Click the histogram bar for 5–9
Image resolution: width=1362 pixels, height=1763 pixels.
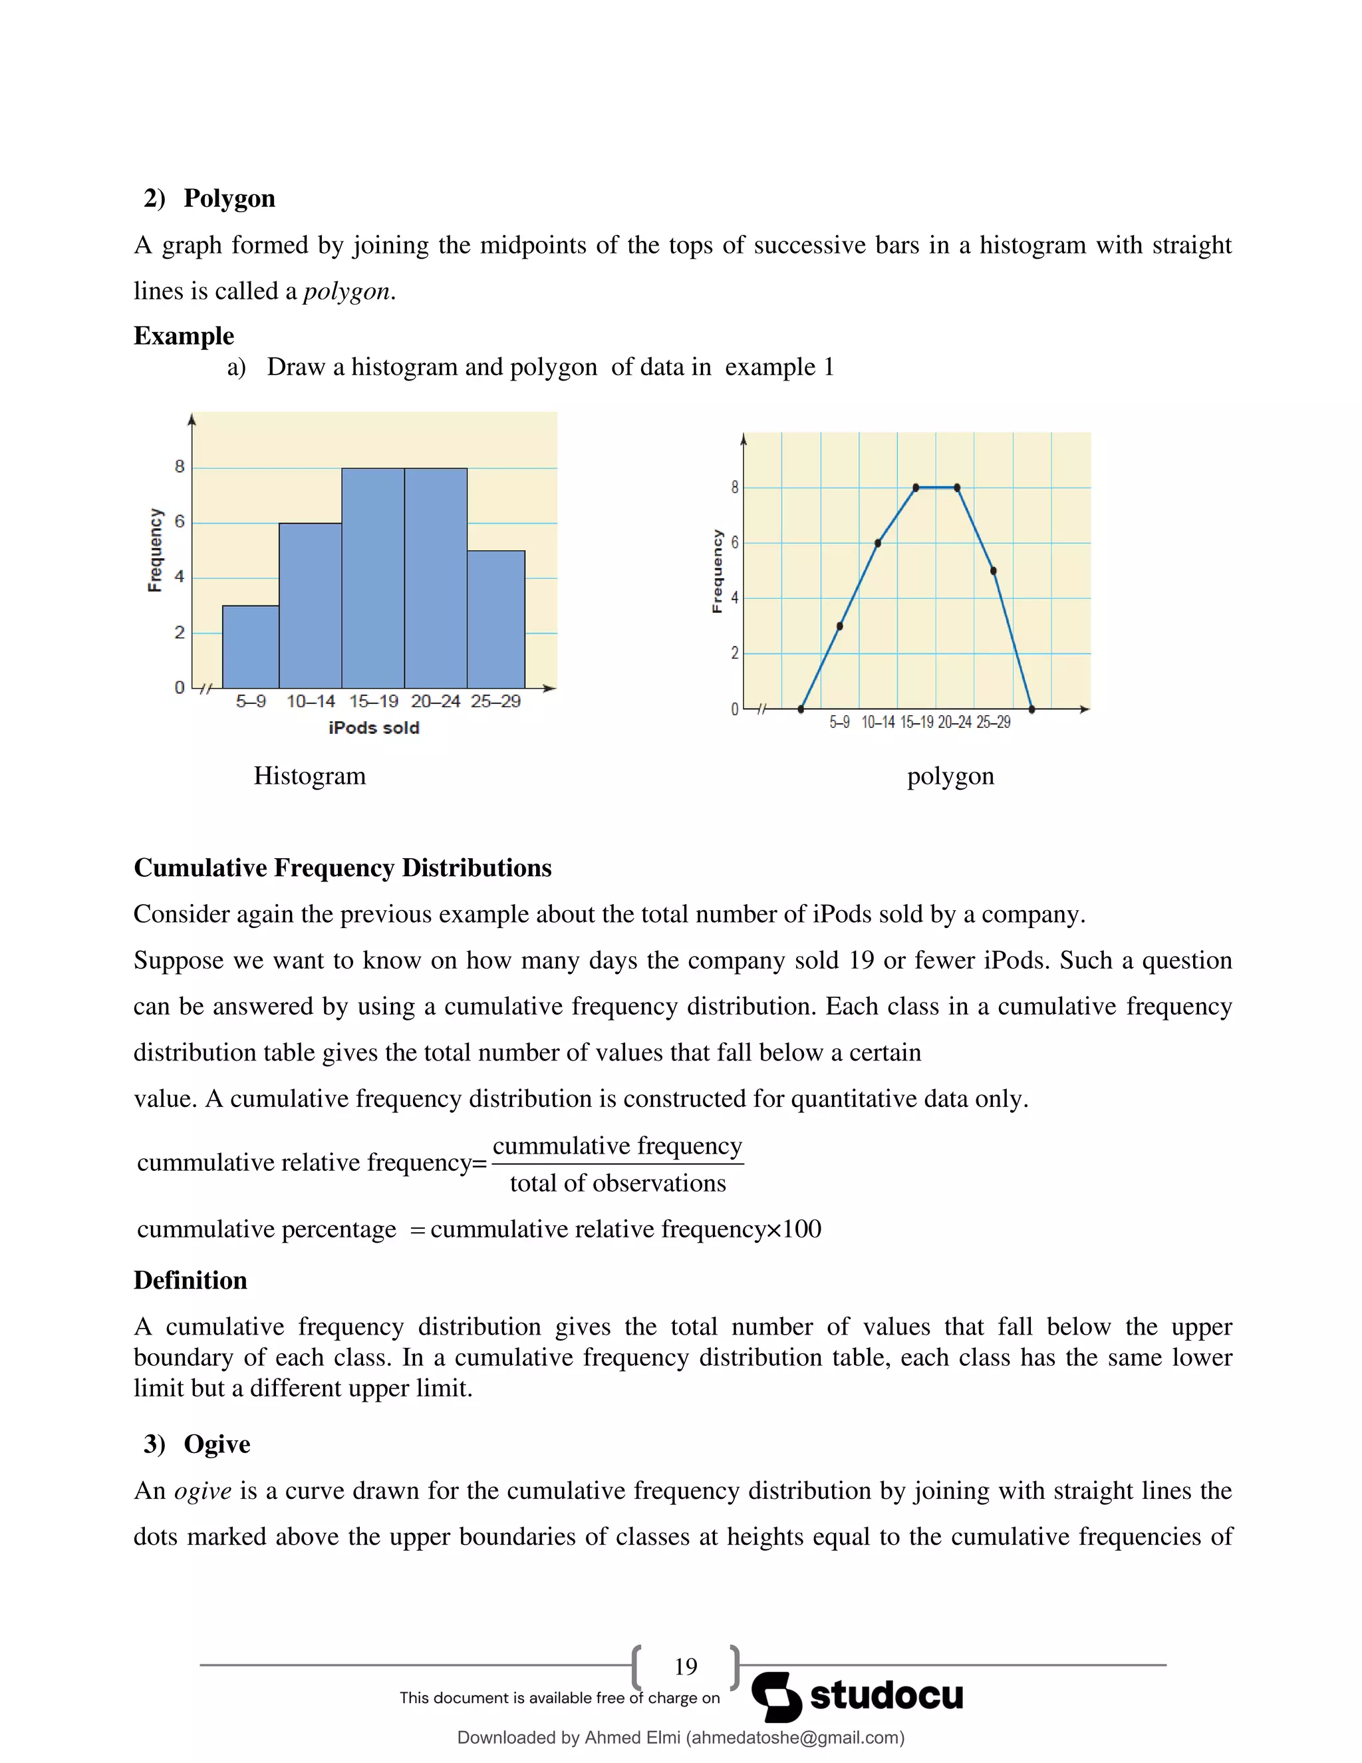click(x=251, y=647)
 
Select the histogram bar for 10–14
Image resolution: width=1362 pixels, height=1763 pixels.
click(x=311, y=606)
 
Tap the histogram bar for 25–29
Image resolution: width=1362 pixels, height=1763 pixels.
click(x=495, y=619)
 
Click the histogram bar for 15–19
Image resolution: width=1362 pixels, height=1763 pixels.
click(x=373, y=578)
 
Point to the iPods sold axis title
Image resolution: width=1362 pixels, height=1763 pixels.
click(x=374, y=728)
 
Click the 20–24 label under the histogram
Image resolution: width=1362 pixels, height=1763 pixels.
click(x=435, y=701)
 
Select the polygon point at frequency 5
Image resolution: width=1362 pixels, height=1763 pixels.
click(x=994, y=571)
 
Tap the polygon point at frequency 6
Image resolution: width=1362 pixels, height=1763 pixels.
click(x=878, y=544)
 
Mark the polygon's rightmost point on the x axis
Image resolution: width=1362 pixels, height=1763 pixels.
click(x=1032, y=710)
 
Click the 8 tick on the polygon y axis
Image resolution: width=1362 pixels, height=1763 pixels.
click(x=734, y=488)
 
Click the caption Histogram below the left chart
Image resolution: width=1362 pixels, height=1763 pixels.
click(x=310, y=776)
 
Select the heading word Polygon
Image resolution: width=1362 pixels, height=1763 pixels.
click(x=229, y=198)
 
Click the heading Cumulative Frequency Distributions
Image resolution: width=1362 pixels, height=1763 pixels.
click(x=342, y=868)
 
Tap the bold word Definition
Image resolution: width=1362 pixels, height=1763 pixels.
click(x=190, y=1280)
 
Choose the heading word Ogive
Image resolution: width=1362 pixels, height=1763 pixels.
click(x=217, y=1444)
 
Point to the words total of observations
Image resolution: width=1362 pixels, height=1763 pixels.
click(x=617, y=1184)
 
